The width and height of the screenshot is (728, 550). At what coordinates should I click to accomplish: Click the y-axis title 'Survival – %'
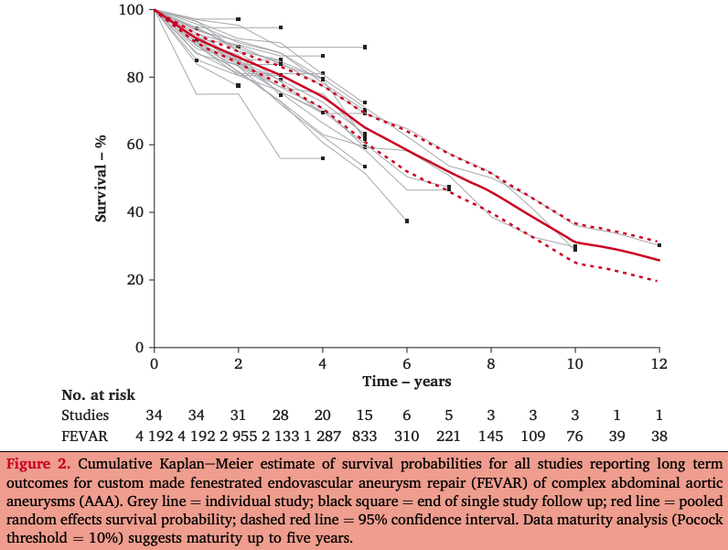click(x=102, y=178)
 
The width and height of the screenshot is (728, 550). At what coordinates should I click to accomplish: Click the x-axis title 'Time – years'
click(x=406, y=380)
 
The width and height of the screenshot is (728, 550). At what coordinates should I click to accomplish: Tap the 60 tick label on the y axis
click(x=135, y=145)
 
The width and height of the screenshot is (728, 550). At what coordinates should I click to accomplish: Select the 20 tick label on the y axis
click(x=135, y=280)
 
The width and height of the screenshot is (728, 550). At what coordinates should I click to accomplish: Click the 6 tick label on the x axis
click(x=407, y=362)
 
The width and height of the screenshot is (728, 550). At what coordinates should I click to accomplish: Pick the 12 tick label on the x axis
click(x=659, y=362)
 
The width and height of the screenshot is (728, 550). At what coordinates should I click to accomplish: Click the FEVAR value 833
click(x=365, y=436)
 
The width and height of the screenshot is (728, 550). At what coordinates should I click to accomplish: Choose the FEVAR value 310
click(x=407, y=436)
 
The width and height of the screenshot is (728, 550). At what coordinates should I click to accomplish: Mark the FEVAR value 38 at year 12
click(x=659, y=436)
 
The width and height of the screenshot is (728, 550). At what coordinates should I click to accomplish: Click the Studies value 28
click(x=281, y=415)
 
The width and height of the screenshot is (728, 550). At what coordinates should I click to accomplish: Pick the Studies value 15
click(x=365, y=415)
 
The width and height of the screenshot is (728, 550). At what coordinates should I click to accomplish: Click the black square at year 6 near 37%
click(x=407, y=221)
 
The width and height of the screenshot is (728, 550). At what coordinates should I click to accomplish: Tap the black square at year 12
click(x=659, y=245)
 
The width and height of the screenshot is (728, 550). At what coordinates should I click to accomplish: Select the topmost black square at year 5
click(x=365, y=47)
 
